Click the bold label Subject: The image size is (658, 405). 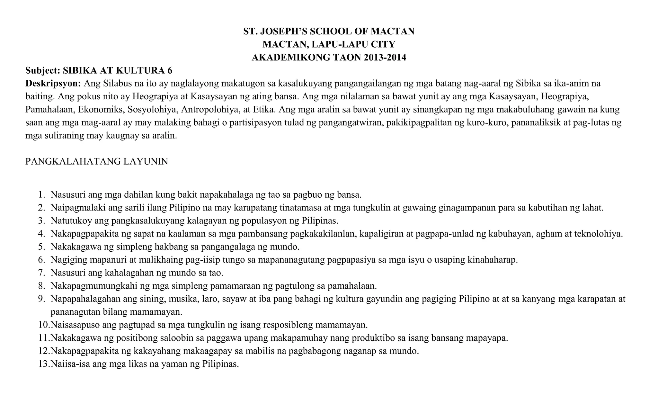click(43, 70)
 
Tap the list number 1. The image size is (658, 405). click(41, 195)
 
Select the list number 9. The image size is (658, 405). click(41, 299)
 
